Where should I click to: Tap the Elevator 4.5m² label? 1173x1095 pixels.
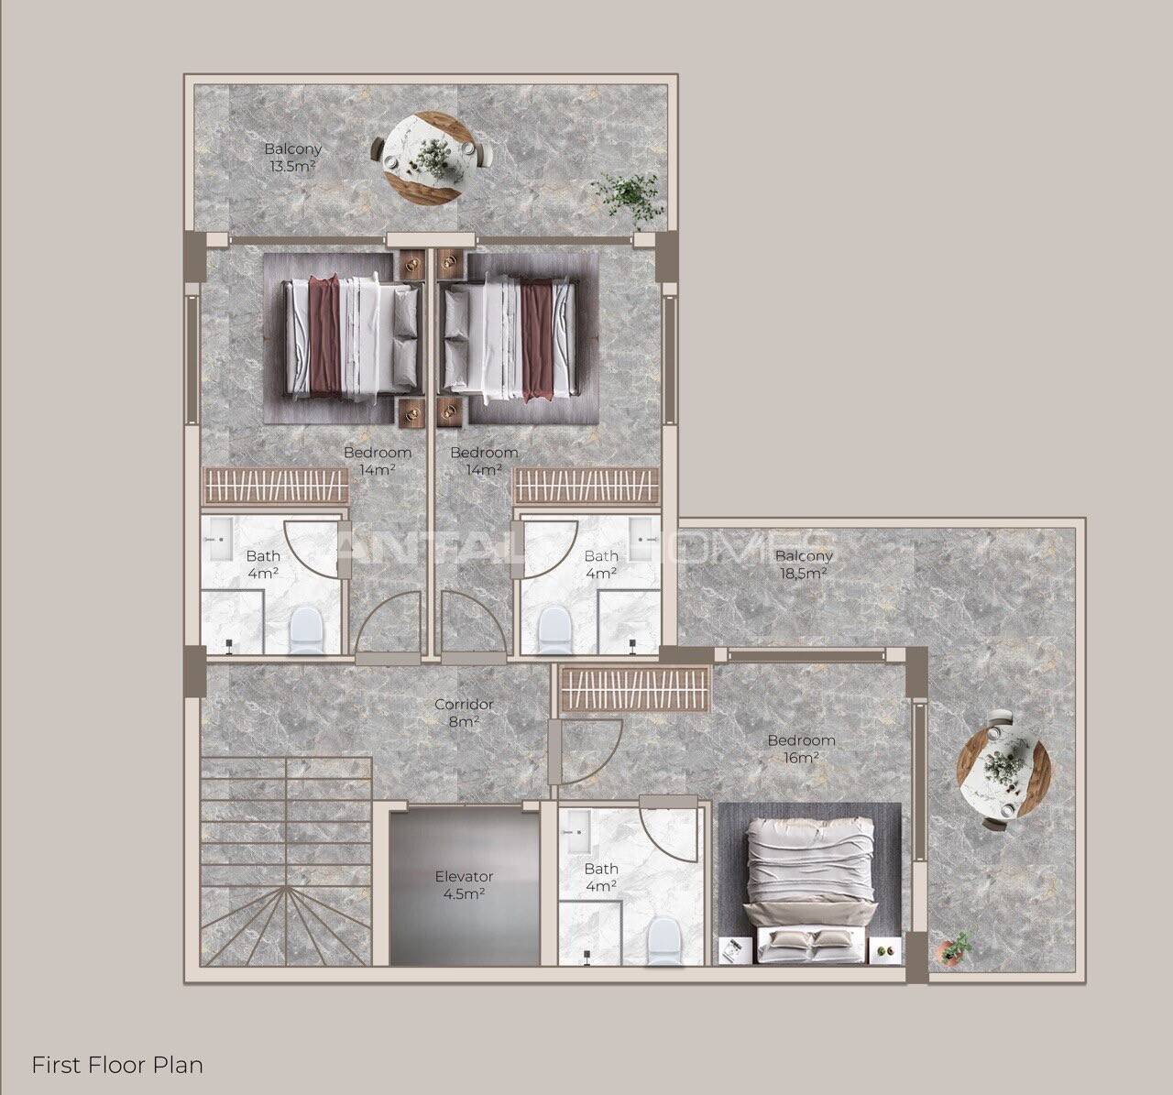point(464,885)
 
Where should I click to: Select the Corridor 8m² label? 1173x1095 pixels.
point(464,712)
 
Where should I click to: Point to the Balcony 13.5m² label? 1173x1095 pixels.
point(292,157)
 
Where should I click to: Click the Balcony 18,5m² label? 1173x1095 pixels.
point(804,564)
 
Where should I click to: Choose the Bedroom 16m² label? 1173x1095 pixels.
point(802,749)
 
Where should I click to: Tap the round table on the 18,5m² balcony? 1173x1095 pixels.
point(1003,769)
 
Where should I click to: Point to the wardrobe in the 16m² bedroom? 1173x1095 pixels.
point(635,689)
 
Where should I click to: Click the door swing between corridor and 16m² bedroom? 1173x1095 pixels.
point(589,753)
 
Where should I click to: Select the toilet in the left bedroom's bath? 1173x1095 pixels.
point(307,631)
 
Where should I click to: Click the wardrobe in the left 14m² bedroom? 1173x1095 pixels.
point(275,486)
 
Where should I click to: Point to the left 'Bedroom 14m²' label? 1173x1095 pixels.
point(378,461)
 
